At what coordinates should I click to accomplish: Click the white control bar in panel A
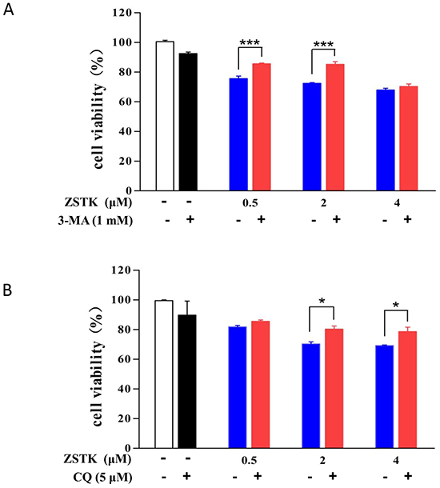pos(165,116)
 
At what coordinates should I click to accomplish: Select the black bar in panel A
pos(188,122)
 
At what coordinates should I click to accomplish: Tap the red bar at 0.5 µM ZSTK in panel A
pos(262,127)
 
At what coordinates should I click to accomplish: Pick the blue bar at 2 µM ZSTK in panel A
pos(312,137)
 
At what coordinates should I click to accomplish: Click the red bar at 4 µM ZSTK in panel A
pos(409,138)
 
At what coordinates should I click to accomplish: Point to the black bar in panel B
pos(187,382)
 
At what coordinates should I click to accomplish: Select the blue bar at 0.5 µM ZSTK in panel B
pos(238,387)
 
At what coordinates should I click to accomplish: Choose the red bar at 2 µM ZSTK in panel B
pos(334,389)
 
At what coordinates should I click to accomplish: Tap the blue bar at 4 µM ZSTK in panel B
pos(385,397)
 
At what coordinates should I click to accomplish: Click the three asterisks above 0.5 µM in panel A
pos(250,42)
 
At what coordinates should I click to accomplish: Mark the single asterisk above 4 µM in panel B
pos(396,305)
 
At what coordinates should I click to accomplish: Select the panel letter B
pos(7,290)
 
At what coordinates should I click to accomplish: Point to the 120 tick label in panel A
pos(122,13)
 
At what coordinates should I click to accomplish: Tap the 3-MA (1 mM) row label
pos(95,221)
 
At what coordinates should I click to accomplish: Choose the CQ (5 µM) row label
pos(102,477)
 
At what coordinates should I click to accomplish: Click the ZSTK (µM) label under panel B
pos(97,459)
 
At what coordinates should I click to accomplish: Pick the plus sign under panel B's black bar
pos(186,476)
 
